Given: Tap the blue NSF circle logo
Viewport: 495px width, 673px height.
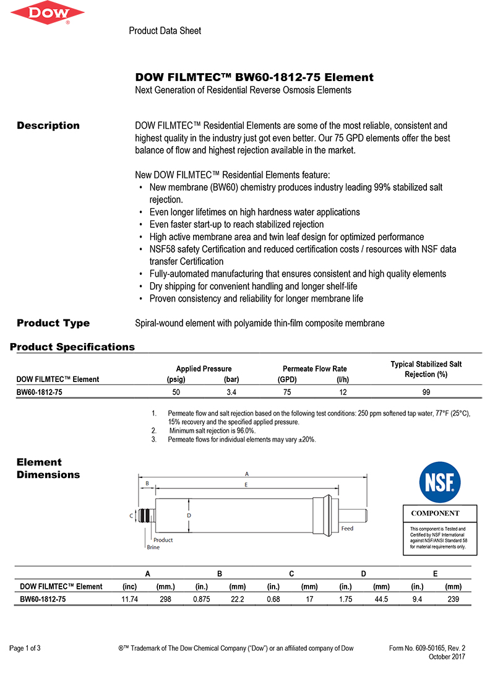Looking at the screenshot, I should pyautogui.click(x=440, y=483).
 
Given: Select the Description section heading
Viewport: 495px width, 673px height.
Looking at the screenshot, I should pyautogui.click(x=48, y=126).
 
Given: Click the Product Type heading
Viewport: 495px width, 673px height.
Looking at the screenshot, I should pyautogui.click(x=53, y=323).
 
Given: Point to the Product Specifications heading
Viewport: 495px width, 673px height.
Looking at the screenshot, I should pyautogui.click(x=72, y=347).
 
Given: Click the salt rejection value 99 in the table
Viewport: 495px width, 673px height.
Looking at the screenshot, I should pyautogui.click(x=426, y=393).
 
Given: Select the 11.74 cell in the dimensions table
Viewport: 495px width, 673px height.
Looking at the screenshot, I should pyautogui.click(x=129, y=600).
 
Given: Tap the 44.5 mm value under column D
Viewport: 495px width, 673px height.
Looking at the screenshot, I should pyautogui.click(x=381, y=600).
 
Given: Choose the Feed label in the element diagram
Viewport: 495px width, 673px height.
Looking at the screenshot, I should pyautogui.click(x=347, y=529).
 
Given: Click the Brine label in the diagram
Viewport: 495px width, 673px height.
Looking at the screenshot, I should pyautogui.click(x=153, y=547).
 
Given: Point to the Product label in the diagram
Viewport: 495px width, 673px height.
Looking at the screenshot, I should pyautogui.click(x=163, y=540).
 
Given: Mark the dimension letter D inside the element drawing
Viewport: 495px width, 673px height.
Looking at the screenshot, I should pyautogui.click(x=189, y=515).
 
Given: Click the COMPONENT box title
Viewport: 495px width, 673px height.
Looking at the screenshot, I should pyautogui.click(x=436, y=513).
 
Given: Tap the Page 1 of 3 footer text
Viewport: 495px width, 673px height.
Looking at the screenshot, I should pyautogui.click(x=25, y=648).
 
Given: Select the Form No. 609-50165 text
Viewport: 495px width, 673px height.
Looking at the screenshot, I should pyautogui.click(x=427, y=648).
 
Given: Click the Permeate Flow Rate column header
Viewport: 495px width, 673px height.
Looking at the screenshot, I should pyautogui.click(x=314, y=369).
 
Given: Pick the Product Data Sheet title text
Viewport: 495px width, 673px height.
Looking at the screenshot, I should pyautogui.click(x=165, y=31).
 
